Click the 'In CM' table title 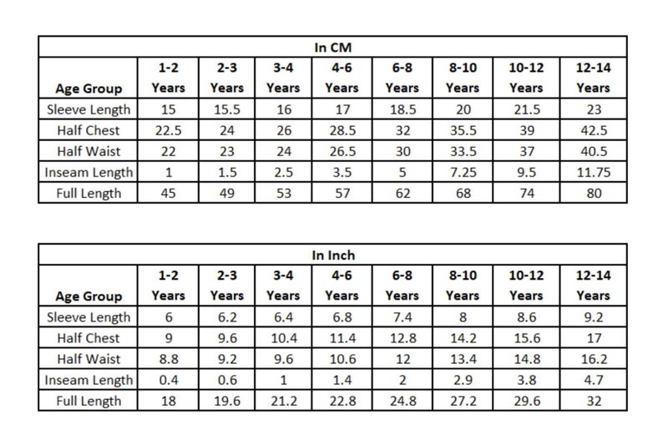click(x=332, y=48)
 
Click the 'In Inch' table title click(x=333, y=255)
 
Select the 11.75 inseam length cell click(x=594, y=173)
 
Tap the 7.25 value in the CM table click(x=463, y=173)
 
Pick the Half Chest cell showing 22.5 click(x=169, y=130)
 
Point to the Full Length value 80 click(x=594, y=194)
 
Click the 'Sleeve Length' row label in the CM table click(x=89, y=109)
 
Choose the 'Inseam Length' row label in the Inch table click(x=89, y=380)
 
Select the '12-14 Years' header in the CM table click(x=594, y=78)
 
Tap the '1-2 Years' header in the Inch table click(x=169, y=286)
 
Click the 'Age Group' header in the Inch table click(x=89, y=296)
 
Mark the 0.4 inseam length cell click(x=169, y=380)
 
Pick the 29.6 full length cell click(x=527, y=401)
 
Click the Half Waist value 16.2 click(x=594, y=359)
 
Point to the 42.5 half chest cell click(x=594, y=130)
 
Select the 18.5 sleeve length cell click(x=403, y=109)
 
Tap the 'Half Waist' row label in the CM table click(x=89, y=151)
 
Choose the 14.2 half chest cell click(x=463, y=338)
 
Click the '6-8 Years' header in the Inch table click(x=402, y=286)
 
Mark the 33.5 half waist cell click(x=463, y=151)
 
